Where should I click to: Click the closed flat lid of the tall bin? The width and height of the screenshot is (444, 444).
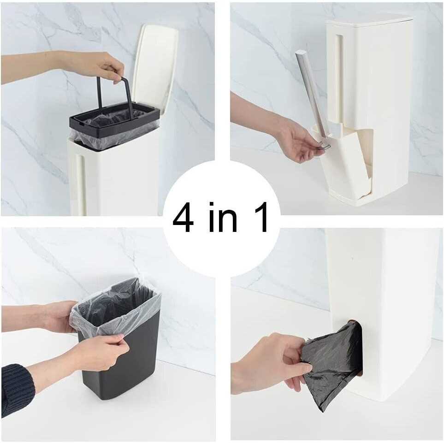pos(369,19)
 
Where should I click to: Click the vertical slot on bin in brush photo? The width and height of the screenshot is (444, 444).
pos(339,78)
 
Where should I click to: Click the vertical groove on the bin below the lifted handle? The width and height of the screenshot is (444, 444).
pos(80,184)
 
